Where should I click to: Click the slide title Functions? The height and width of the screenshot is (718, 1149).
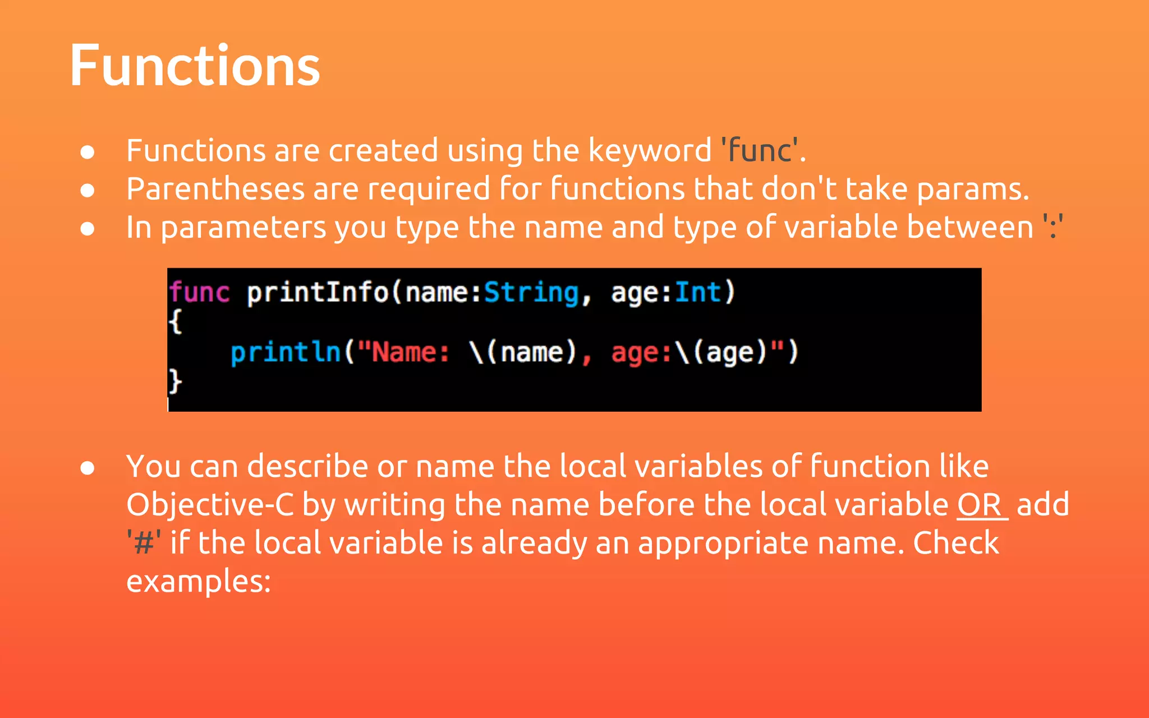tap(195, 66)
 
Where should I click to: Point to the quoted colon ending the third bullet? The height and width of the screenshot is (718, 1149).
tap(1053, 228)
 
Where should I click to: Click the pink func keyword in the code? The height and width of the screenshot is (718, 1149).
tap(199, 292)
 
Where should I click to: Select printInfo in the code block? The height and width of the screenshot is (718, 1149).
tap(318, 292)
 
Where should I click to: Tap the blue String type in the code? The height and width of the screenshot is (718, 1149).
tap(531, 292)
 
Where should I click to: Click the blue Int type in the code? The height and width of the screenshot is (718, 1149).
tap(698, 292)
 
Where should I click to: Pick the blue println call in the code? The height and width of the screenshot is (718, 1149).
tap(286, 352)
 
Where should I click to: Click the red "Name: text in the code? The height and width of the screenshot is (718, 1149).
tap(404, 352)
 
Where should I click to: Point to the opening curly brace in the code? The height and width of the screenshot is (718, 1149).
tap(175, 321)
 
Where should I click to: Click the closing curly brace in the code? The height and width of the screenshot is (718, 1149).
tap(175, 381)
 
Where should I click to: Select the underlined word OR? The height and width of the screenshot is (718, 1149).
tap(980, 505)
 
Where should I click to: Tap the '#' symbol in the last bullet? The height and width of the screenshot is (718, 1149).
tap(144, 543)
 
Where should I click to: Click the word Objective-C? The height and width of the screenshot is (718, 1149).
tap(210, 505)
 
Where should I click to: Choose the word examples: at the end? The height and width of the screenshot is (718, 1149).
tap(199, 581)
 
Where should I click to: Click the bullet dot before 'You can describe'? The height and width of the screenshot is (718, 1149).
tap(87, 467)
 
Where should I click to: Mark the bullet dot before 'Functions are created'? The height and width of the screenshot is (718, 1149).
tap(87, 152)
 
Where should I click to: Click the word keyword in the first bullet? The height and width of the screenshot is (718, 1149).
tap(650, 150)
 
